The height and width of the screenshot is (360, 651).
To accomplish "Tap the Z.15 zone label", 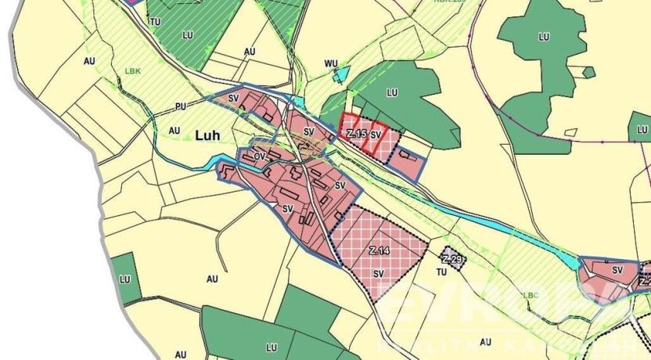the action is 356,134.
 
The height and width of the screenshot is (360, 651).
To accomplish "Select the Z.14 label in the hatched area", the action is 378,250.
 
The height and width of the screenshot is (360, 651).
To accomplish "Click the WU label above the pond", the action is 329,63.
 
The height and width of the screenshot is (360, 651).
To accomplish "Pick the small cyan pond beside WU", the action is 341,74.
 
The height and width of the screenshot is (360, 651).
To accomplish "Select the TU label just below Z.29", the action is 441,272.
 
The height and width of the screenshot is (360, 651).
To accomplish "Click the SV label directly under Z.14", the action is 379,274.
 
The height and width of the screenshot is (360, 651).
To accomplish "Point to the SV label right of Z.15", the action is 376,135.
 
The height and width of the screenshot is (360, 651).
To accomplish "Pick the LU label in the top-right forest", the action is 544,36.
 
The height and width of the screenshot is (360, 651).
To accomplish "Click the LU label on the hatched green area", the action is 186,35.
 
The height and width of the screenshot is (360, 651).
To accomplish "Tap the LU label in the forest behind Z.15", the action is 392,92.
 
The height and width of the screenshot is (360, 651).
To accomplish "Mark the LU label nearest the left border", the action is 124,279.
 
